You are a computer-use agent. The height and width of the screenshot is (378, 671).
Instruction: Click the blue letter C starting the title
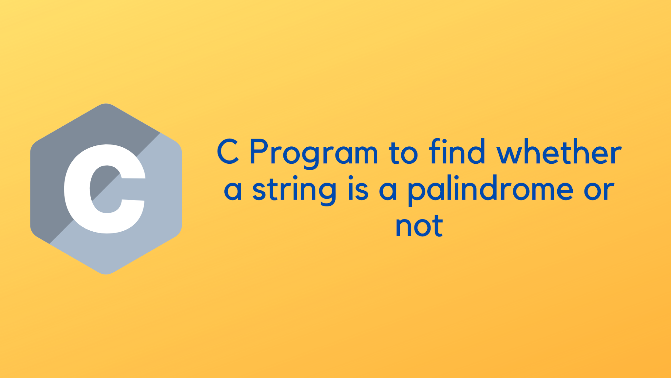coord(228,152)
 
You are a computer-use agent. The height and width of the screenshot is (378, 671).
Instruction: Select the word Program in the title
coord(314,153)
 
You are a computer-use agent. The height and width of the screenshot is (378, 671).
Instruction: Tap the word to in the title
coord(403,152)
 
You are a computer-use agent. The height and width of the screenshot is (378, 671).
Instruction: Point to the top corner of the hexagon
coord(106,104)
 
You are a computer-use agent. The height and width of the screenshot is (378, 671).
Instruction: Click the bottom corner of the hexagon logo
coord(106,274)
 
